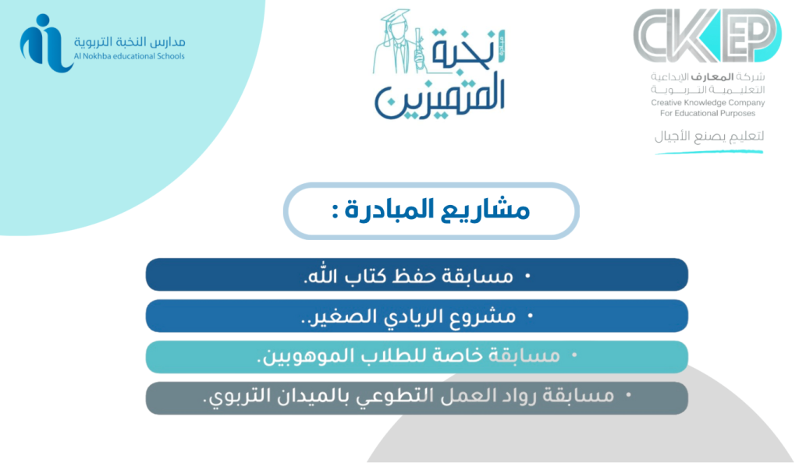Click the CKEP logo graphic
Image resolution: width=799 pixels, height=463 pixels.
pyautogui.click(x=707, y=36)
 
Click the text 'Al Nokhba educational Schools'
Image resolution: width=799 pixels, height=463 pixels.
pyautogui.click(x=130, y=56)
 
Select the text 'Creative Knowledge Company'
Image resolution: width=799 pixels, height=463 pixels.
pyautogui.click(x=708, y=103)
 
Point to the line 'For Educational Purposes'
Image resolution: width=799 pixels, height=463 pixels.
pyautogui.click(x=708, y=114)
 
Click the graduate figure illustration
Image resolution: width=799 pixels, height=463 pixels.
pyautogui.click(x=399, y=42)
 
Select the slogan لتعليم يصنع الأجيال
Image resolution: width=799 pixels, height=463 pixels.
pyautogui.click(x=709, y=136)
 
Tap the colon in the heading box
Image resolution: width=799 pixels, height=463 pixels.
pyautogui.click(x=335, y=212)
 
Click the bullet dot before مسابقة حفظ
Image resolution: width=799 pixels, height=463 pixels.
pyautogui.click(x=527, y=276)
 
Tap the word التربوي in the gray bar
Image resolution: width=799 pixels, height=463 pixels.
pyautogui.click(x=229, y=396)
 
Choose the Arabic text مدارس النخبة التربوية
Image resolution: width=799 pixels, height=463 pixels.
pyautogui.click(x=130, y=42)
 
